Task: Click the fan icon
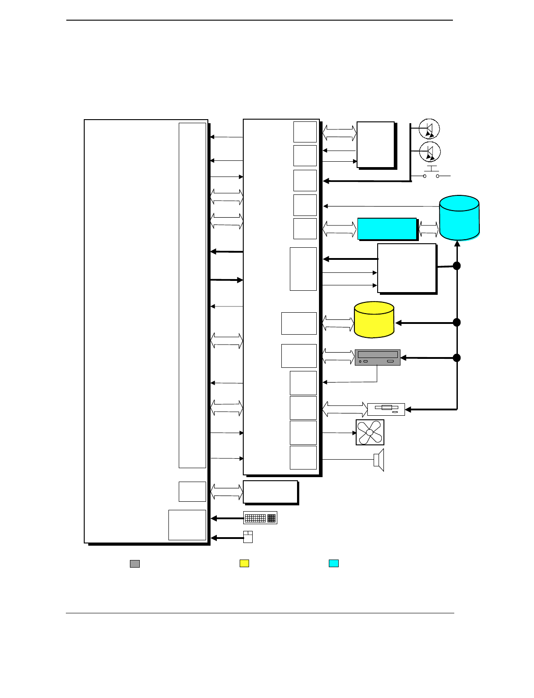coord(370,432)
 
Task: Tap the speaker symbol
coord(379,460)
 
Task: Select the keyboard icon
coord(260,518)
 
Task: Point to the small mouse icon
coord(248,537)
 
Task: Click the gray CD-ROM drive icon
coord(377,358)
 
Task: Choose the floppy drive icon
coord(386,409)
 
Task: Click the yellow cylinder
coord(374,319)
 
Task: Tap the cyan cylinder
coord(459,218)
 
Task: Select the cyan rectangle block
coord(387,229)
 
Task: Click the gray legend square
coord(135,564)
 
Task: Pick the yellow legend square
coord(244,564)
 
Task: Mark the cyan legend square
coord(334,564)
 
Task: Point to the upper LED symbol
coord(429,129)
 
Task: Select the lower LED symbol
coord(430,152)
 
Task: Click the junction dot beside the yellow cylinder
coord(456,322)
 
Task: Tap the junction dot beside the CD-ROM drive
coord(456,358)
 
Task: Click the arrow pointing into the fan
coord(339,433)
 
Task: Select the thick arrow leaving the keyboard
coord(227,518)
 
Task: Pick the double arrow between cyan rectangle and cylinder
coord(429,229)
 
